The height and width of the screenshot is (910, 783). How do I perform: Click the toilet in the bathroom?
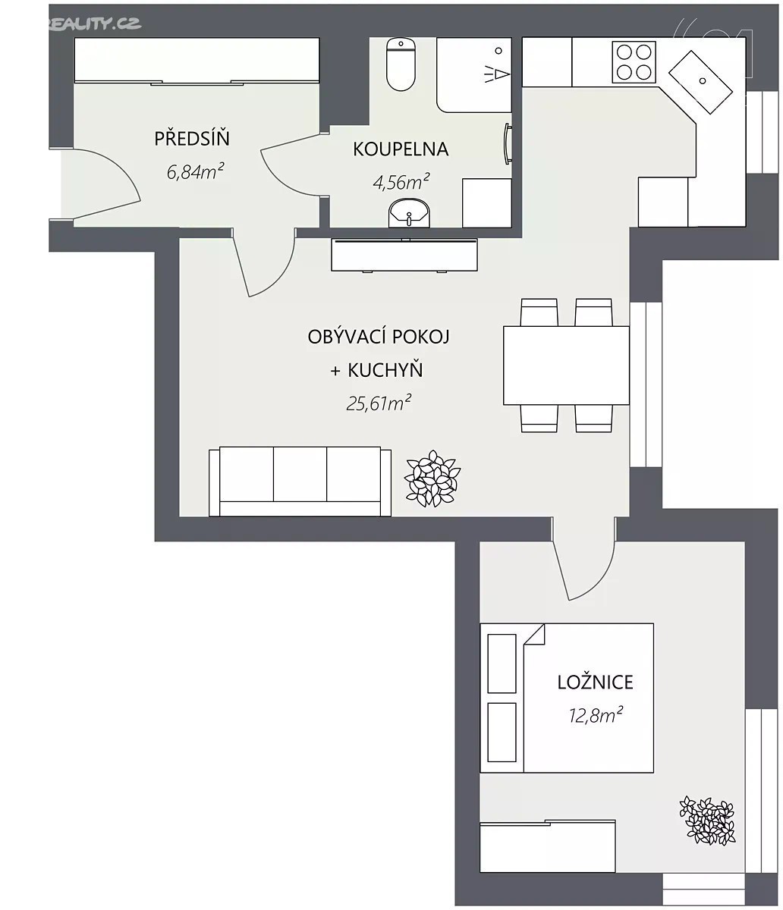coord(401,64)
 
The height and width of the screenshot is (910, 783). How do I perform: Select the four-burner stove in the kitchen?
coord(634,62)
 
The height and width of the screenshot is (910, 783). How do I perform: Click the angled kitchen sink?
coord(701,82)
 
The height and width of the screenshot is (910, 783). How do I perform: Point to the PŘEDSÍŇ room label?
coord(192,139)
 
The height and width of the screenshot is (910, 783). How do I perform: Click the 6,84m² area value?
coord(195,171)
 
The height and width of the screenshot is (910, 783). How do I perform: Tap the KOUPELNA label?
coord(401,149)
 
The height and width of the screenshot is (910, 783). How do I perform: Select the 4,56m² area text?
coord(401,181)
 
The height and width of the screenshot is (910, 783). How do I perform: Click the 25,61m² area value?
coord(379,403)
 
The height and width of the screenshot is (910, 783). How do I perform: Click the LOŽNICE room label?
coord(595,682)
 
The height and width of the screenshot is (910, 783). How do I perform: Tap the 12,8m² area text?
coord(596,715)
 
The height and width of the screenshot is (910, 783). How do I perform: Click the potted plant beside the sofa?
coord(432,479)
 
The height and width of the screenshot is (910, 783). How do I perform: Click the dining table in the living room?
coord(566,366)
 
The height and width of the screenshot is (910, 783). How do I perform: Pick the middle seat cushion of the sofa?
coord(300,474)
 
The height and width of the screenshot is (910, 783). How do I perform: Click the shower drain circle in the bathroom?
coord(498,51)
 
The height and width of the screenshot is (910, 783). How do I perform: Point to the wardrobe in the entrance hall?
coord(197,61)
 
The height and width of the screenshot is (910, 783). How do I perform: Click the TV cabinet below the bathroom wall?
coord(404,256)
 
